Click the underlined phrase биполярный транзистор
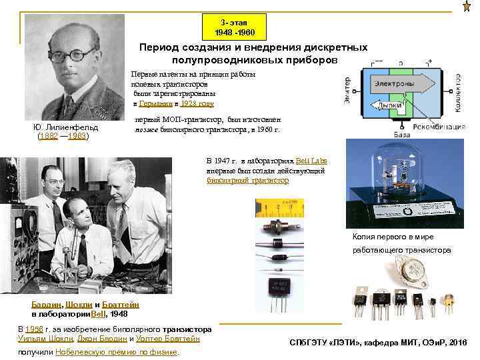[248, 180]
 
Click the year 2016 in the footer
[458, 342]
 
